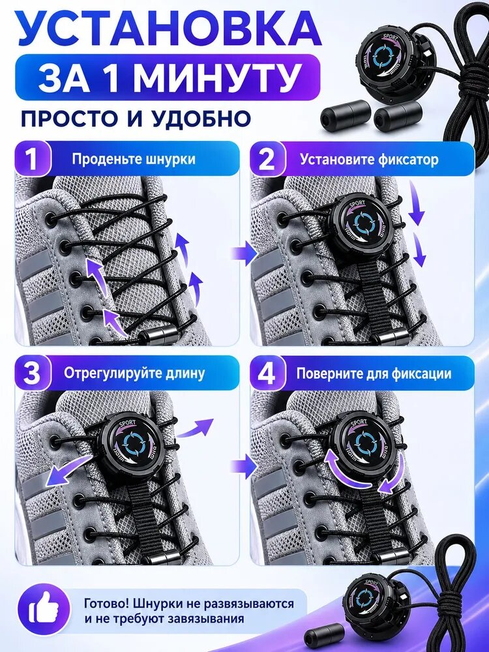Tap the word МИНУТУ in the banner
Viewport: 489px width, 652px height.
pyautogui.click(x=216, y=77)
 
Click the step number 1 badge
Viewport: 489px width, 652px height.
pyautogui.click(x=31, y=159)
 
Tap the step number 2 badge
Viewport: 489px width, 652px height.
pyautogui.click(x=267, y=159)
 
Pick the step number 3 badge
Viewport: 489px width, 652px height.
pyautogui.click(x=31, y=373)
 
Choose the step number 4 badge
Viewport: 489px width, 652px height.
pyautogui.click(x=267, y=373)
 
